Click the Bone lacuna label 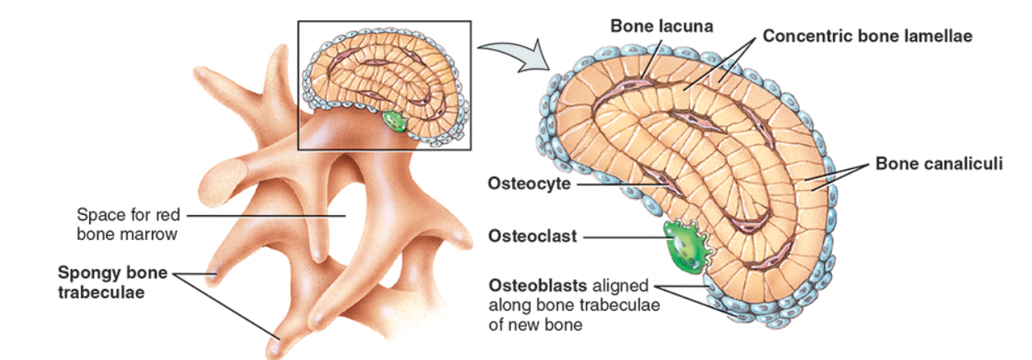[661, 26]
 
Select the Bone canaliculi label [938, 163]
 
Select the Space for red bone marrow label [127, 224]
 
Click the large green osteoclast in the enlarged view [686, 248]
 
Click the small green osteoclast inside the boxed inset [394, 122]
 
